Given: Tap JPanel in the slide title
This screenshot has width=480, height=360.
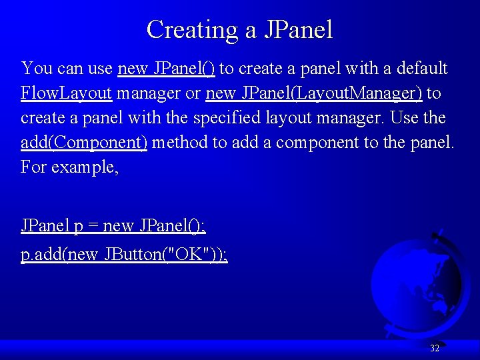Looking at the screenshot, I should (x=298, y=30).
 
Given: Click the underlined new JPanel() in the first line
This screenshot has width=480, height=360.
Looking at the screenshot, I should (x=166, y=68).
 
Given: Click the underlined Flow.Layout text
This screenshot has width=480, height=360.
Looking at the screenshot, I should (x=65, y=93).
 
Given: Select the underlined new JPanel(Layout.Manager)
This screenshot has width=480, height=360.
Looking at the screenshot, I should (x=314, y=93).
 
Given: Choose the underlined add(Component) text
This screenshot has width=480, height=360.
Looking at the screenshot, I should (x=84, y=143).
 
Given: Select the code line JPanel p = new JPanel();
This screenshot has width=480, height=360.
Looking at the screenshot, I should (x=113, y=226).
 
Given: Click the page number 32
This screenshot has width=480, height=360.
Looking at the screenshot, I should (x=435, y=348).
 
